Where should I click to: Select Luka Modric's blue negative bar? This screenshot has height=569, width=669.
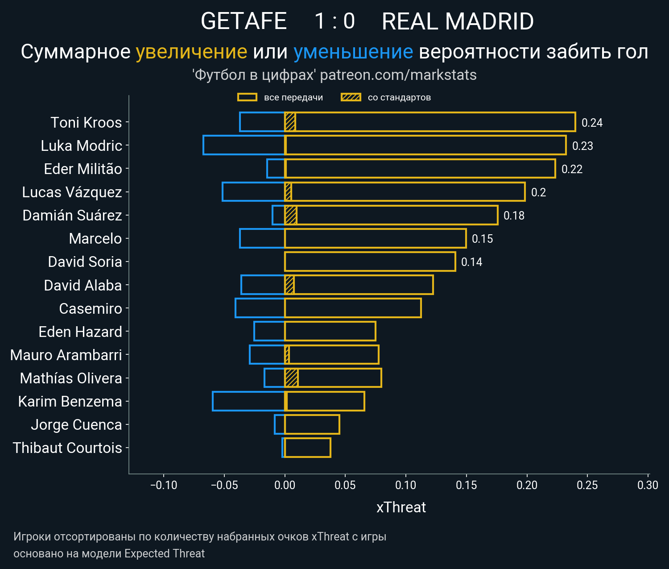(x=244, y=145)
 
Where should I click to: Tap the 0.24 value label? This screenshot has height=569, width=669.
(x=592, y=123)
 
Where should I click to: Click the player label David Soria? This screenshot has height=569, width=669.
(x=85, y=262)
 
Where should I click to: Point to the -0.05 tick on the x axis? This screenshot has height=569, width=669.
(x=224, y=485)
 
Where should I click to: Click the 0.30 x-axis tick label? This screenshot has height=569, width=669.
(x=648, y=485)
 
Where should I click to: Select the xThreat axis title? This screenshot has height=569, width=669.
(x=401, y=507)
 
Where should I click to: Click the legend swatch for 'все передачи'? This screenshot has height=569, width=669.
(x=247, y=97)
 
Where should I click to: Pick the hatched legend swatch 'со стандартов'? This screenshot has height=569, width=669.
(x=351, y=97)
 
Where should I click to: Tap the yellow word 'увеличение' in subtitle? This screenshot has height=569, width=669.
(x=191, y=52)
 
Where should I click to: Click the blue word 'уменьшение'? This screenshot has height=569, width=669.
(x=353, y=52)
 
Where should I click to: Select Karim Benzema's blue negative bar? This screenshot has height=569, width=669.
(x=248, y=401)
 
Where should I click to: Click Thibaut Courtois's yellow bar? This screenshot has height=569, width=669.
(x=308, y=448)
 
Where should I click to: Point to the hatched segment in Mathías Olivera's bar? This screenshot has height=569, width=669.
(x=291, y=378)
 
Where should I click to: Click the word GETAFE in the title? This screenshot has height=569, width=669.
(x=244, y=21)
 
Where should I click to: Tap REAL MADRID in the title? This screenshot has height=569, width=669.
(x=458, y=21)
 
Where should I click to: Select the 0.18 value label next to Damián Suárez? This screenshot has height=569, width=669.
(x=514, y=216)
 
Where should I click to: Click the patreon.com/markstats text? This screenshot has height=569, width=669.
(x=398, y=75)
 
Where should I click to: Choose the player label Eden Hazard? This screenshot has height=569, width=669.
(x=80, y=332)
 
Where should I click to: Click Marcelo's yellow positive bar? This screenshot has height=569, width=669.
(x=375, y=238)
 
